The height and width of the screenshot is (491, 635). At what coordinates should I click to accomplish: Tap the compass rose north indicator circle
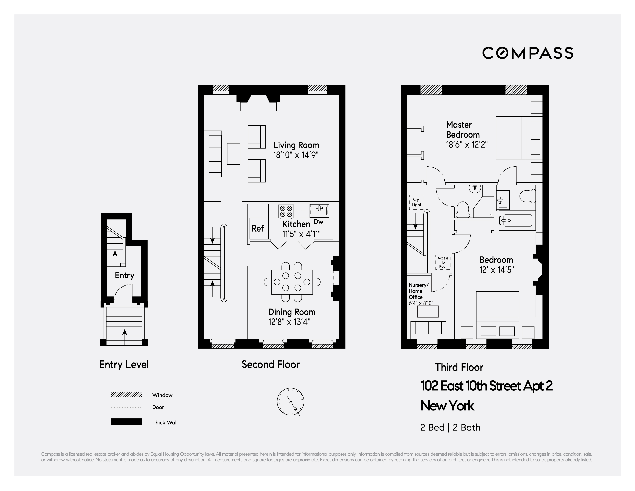coord(290,401)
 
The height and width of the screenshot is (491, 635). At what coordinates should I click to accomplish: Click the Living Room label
coord(296,145)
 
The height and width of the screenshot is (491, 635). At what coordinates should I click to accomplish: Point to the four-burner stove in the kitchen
coord(286,211)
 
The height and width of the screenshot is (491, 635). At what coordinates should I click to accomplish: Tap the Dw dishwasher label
coord(319,222)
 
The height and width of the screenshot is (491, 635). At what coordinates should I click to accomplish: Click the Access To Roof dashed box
coord(443,262)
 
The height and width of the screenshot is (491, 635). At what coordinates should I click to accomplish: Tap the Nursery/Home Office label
coord(419,291)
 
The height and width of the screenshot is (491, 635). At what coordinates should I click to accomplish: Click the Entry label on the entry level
coord(124,275)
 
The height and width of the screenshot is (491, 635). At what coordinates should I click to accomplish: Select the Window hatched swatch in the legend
coord(126,395)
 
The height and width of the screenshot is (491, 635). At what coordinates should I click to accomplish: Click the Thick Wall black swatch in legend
coord(126,421)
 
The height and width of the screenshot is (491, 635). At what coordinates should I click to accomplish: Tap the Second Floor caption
coord(270,365)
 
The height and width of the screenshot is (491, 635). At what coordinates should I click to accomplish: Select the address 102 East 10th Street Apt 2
coord(486,386)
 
